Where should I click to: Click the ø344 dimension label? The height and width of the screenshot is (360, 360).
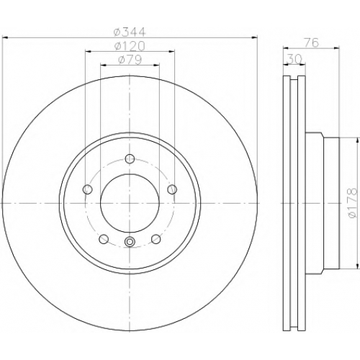tap(130, 32)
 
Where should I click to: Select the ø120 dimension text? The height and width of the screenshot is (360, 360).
tap(130, 46)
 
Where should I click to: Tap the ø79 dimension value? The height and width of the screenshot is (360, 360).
tap(130, 60)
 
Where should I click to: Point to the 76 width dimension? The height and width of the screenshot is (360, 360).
tap(312, 42)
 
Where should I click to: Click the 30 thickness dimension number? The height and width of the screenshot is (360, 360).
tap(294, 59)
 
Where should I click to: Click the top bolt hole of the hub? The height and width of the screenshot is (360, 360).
tap(130, 158)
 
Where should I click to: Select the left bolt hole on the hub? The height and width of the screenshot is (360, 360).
tap(87, 189)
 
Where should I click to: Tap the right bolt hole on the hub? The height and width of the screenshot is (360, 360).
tap(172, 189)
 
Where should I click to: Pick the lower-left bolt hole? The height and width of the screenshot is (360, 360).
tap(104, 239)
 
